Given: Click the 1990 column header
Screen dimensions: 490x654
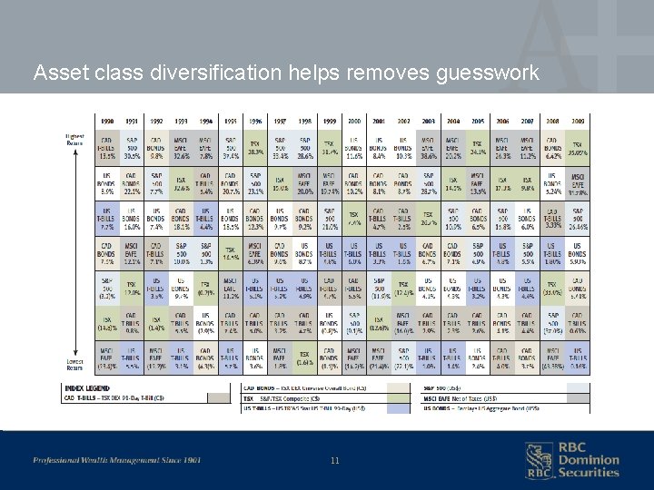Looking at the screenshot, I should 106,121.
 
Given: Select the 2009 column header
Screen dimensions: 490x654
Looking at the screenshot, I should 577,121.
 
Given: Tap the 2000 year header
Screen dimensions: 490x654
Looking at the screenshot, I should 354,121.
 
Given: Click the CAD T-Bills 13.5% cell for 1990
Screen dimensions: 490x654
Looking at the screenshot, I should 106,145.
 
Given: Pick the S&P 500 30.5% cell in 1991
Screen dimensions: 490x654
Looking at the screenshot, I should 132,145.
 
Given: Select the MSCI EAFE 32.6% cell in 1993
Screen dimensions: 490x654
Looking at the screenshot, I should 181,145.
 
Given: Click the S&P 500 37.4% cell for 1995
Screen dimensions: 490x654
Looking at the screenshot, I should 231,145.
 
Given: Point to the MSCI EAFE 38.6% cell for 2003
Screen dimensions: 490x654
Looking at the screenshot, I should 428,145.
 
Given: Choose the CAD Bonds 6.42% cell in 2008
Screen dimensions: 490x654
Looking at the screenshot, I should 552,145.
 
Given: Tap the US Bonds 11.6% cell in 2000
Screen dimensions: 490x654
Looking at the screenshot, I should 354,145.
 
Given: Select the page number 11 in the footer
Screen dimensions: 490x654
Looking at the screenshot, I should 335,461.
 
